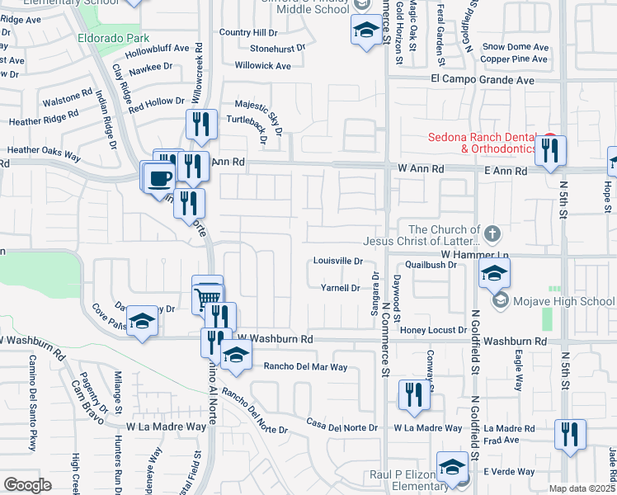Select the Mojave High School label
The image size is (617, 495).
pyautogui.click(x=564, y=301)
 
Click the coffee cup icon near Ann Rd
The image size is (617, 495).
pyautogui.click(x=161, y=176)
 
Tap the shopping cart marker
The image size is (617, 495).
pyautogui.click(x=208, y=295)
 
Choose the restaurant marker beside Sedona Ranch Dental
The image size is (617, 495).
pyautogui.click(x=550, y=151)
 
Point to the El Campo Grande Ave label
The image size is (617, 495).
pyautogui.click(x=483, y=80)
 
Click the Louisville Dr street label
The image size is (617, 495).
pyautogui.click(x=338, y=261)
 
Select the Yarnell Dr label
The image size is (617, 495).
pyautogui.click(x=340, y=288)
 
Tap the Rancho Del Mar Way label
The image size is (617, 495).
pyautogui.click(x=305, y=366)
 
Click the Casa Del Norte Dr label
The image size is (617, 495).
pyautogui.click(x=341, y=427)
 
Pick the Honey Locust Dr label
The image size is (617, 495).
pyautogui.click(x=433, y=330)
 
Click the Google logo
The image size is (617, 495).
pyautogui.click(x=27, y=484)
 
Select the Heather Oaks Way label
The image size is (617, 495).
pyautogui.click(x=44, y=153)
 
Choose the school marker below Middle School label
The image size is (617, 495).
pyautogui.click(x=364, y=33)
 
